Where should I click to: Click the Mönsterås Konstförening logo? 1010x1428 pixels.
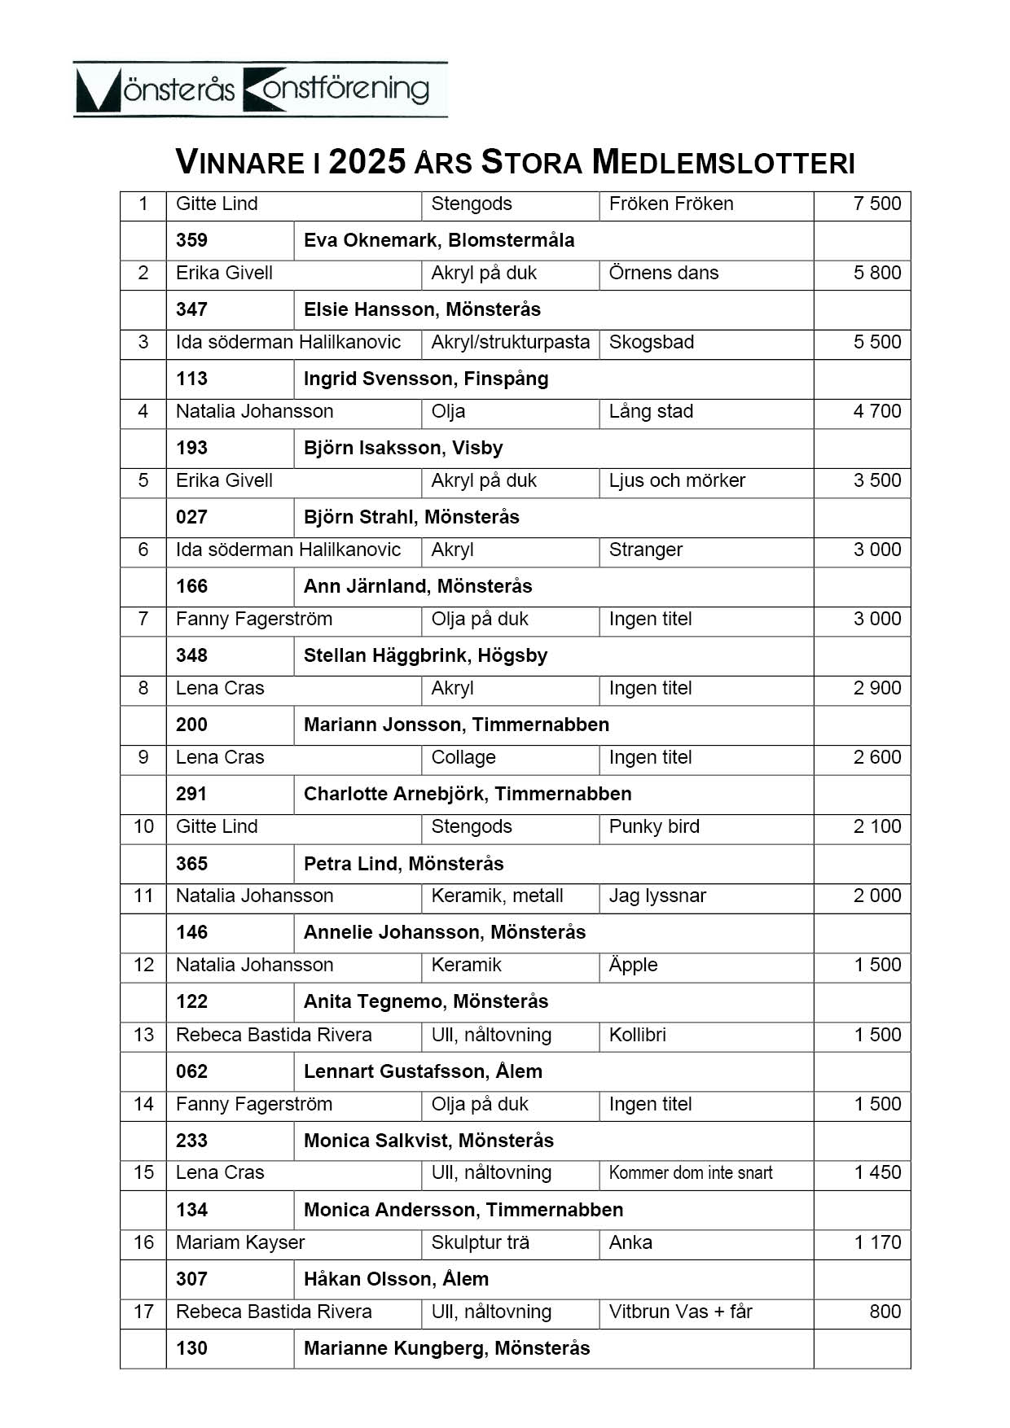(260, 90)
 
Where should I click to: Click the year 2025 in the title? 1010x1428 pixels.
(367, 162)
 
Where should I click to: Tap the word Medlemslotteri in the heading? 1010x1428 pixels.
(723, 162)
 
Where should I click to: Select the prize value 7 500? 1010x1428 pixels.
(876, 204)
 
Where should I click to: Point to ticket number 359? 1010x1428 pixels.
(191, 240)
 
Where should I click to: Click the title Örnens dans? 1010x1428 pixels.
(663, 273)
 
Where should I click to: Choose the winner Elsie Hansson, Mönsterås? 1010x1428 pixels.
(422, 309)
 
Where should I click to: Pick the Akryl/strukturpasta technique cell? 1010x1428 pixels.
(510, 342)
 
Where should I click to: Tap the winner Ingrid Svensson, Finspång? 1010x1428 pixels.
(426, 379)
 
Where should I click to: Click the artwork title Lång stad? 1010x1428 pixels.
(651, 411)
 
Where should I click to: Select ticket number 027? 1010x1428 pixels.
(191, 517)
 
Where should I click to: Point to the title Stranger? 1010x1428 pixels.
(645, 550)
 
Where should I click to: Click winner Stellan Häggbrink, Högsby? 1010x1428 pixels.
(425, 655)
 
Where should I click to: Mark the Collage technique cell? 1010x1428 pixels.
(463, 757)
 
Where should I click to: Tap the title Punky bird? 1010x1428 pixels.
(654, 826)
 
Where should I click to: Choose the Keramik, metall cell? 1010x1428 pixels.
(497, 896)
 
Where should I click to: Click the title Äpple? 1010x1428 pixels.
(633, 965)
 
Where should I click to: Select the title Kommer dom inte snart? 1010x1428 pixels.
(691, 1173)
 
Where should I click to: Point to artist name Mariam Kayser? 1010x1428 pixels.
(240, 1242)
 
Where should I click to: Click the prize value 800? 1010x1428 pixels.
(885, 1312)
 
